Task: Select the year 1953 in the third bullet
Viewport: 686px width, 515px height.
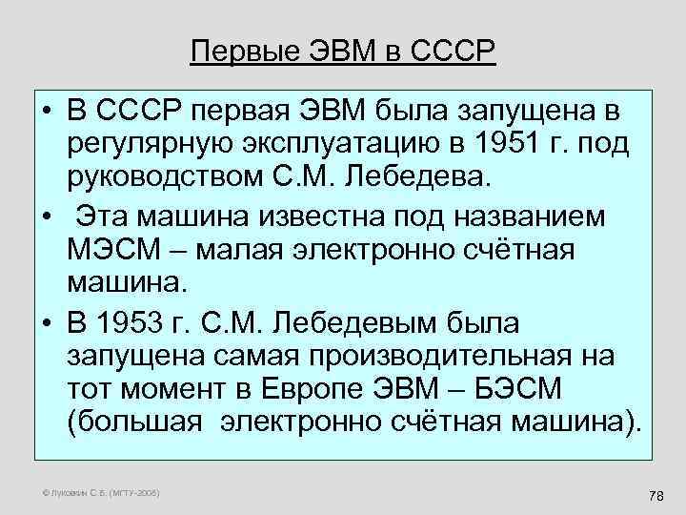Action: (143, 322)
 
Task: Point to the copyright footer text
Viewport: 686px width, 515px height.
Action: (87, 492)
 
